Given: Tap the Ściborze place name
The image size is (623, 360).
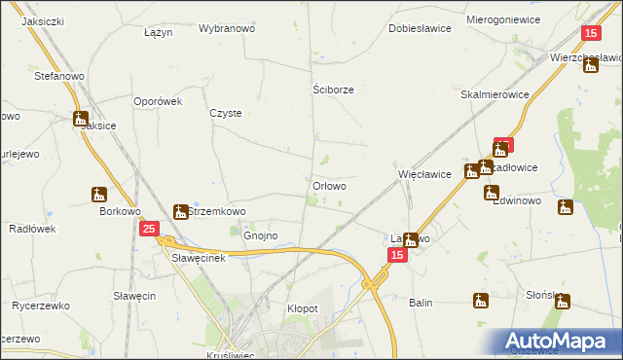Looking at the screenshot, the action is [x=333, y=90].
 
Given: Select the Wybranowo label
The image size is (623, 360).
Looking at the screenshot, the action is [x=227, y=29].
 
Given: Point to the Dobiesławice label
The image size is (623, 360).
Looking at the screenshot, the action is [x=420, y=29].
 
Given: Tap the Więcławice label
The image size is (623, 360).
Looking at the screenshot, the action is [x=424, y=175].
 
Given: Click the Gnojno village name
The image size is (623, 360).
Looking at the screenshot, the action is [x=261, y=235].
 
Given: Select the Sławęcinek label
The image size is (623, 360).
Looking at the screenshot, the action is [x=199, y=259].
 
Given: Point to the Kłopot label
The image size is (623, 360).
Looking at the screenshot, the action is [x=303, y=308].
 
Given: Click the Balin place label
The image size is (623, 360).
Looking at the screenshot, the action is [x=421, y=303].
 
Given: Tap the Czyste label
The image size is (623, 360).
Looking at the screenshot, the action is [x=226, y=113].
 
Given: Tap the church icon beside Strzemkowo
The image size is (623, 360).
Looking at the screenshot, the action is [x=180, y=211].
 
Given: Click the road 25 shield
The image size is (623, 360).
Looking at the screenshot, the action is [x=148, y=229].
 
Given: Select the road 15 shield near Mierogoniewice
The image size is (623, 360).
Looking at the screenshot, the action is [x=590, y=33].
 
